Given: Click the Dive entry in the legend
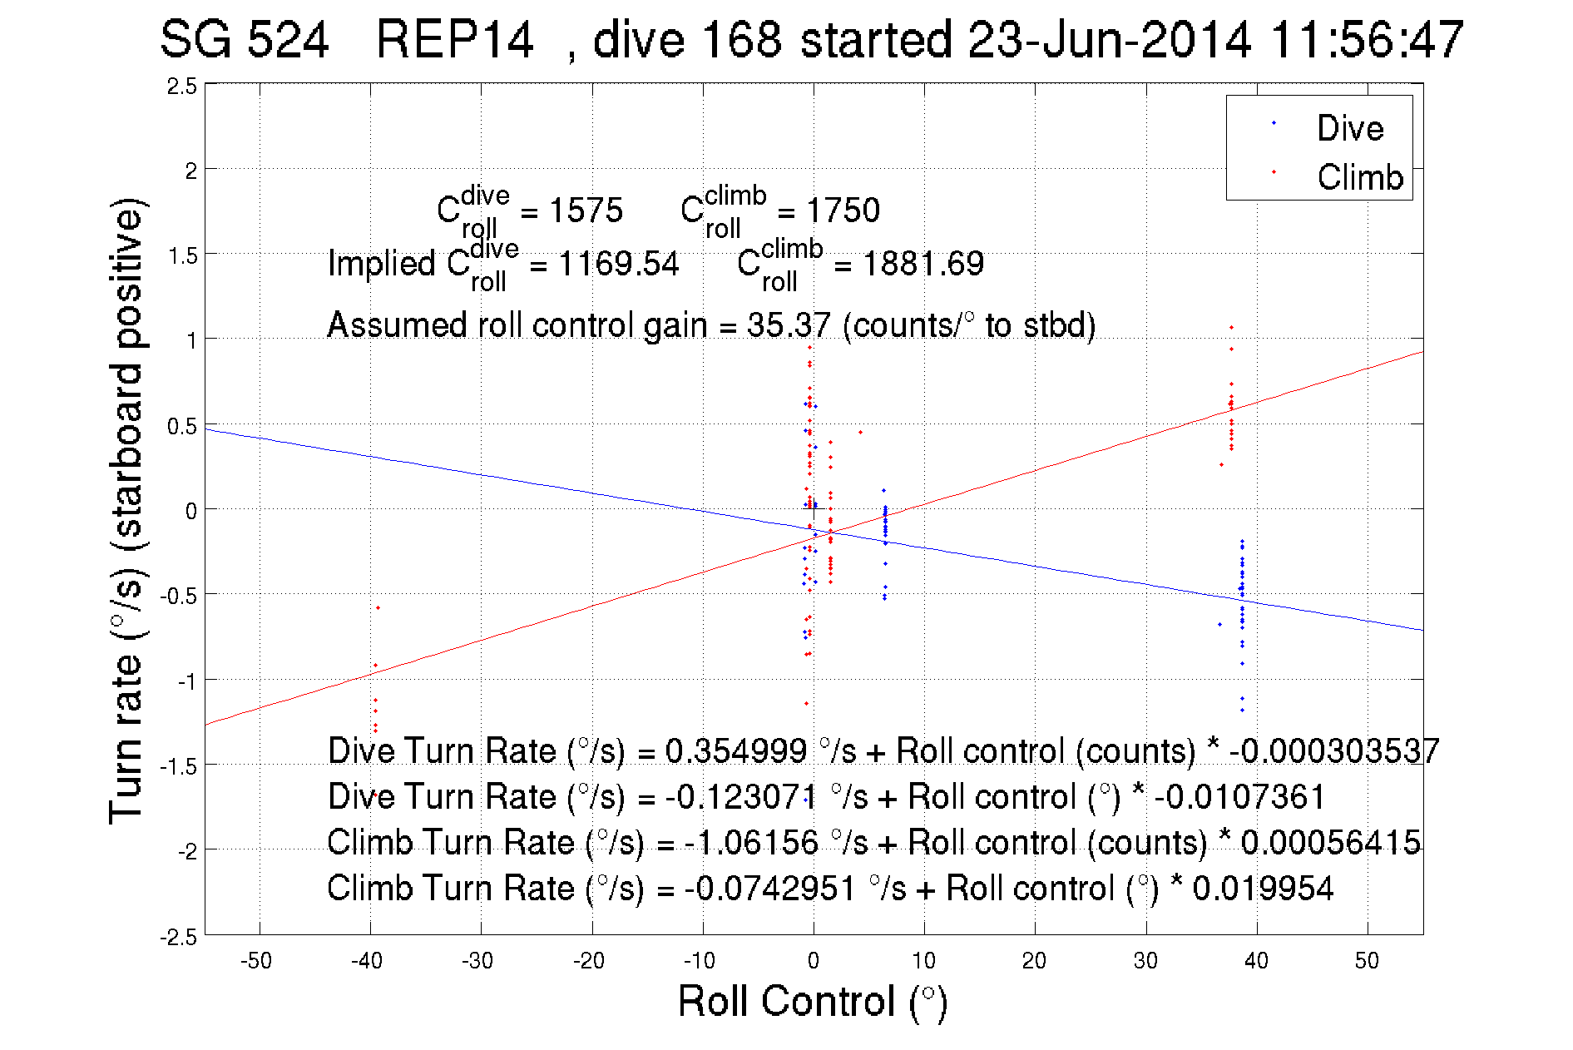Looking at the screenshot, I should (x=1349, y=128).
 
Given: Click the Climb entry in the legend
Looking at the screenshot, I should (x=1359, y=177).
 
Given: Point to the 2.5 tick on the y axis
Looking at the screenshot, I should (x=182, y=87).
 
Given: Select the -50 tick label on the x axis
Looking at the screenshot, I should (x=256, y=961).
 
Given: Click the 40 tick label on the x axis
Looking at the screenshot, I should (x=1255, y=961).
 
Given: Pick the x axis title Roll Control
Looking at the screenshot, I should (x=812, y=1001).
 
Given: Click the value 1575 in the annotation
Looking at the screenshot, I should (x=586, y=210).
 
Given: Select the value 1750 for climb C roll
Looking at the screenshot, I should (x=843, y=210).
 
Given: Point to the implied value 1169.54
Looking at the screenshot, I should (x=618, y=264).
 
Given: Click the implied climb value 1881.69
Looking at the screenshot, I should (x=923, y=264).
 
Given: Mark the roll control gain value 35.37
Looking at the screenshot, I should (x=788, y=325).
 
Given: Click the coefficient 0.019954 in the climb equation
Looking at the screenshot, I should (x=1263, y=889).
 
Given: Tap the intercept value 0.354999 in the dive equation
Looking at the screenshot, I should (x=735, y=751).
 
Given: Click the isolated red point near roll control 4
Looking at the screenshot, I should (x=860, y=433).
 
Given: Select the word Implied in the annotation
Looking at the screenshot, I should (x=381, y=264).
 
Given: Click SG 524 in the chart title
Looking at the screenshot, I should (x=244, y=39).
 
